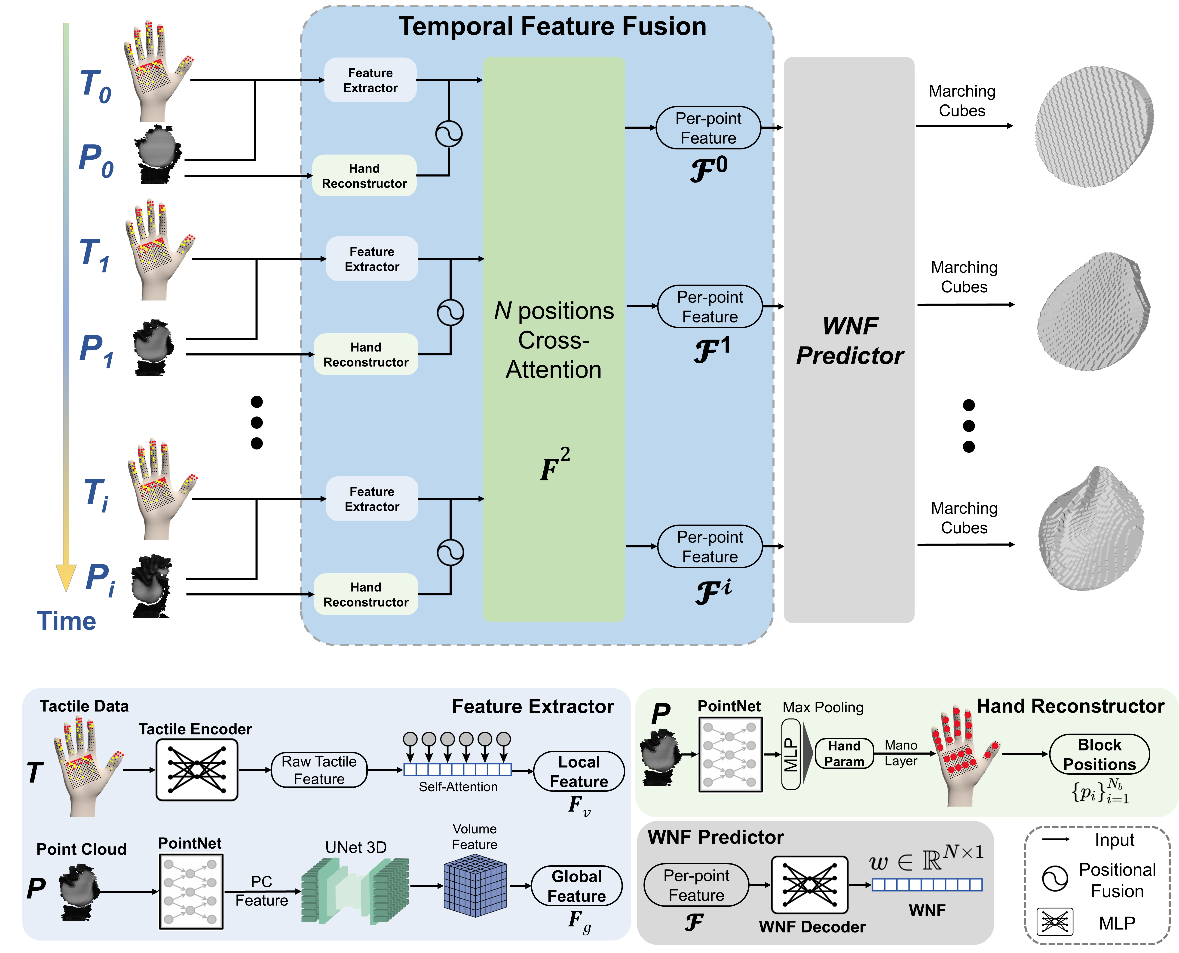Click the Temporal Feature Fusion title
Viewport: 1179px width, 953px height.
[x=552, y=26]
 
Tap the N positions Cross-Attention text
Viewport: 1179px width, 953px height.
[x=554, y=340]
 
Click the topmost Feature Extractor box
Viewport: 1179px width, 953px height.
[x=370, y=80]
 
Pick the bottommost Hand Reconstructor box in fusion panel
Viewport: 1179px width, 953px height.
[x=366, y=595]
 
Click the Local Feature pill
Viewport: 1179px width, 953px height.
[x=579, y=771]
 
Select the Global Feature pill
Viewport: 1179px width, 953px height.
[x=577, y=886]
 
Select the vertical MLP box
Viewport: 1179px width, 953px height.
[x=790, y=755]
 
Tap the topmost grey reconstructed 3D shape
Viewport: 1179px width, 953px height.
[x=1094, y=127]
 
